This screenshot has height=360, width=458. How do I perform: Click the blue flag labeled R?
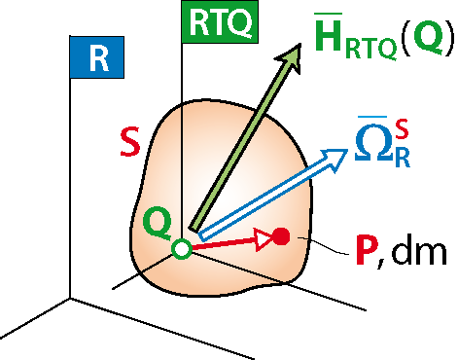coord(97,57)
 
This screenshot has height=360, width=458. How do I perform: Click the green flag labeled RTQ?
coord(220,21)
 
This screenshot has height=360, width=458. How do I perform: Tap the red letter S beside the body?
coord(130,142)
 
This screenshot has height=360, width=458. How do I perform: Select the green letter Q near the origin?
coord(157,224)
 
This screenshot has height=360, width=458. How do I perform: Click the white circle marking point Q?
coord(182,249)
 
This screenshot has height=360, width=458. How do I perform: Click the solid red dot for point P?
coord(281,236)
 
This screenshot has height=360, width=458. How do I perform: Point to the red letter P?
coord(368,249)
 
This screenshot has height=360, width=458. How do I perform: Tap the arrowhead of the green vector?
coord(290,57)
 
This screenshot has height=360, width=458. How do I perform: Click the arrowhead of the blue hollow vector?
coord(334,159)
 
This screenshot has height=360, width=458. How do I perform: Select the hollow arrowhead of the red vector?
coord(264,239)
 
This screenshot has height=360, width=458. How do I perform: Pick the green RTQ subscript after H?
coord(370,49)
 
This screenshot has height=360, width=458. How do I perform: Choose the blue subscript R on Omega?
coord(403,158)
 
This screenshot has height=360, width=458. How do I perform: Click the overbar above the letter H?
coord(329,14)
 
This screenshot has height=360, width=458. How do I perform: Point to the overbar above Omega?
coord(372,117)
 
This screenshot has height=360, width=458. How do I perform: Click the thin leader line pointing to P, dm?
coord(323,245)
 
